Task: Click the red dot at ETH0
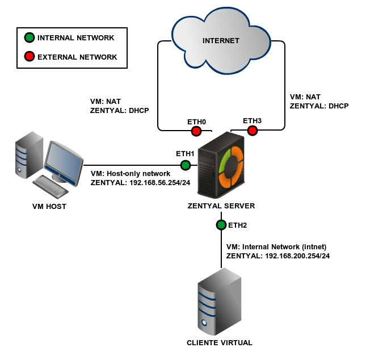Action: coord(196,131)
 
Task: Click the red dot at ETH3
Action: coord(253,131)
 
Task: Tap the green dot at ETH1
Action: coord(185,165)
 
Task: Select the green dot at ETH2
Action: coord(221,225)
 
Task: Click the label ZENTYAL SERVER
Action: coord(221,206)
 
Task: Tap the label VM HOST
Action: coord(49,207)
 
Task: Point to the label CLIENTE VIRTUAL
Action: coord(219,343)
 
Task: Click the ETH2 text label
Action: coord(238,225)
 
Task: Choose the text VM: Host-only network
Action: coord(130,173)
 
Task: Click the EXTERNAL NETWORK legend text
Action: coord(77,57)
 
